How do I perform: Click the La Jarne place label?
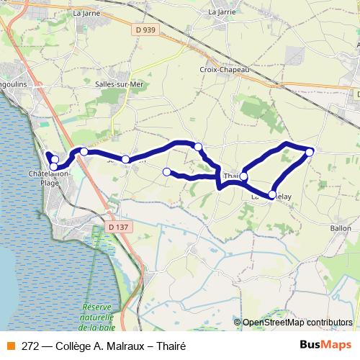[x=86, y=12]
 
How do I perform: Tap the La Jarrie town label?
[x=222, y=12]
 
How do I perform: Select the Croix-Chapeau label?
[x=224, y=70]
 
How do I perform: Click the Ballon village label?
[x=341, y=228]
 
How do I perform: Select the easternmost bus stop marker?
[x=310, y=151]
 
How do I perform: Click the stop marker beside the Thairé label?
[x=244, y=176]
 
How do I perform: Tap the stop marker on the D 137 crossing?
[x=84, y=151]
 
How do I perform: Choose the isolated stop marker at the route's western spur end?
[x=167, y=171]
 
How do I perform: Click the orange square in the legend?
[x=10, y=346]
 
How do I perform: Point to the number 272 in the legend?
[x=30, y=346]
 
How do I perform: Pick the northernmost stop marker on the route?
[x=198, y=146]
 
